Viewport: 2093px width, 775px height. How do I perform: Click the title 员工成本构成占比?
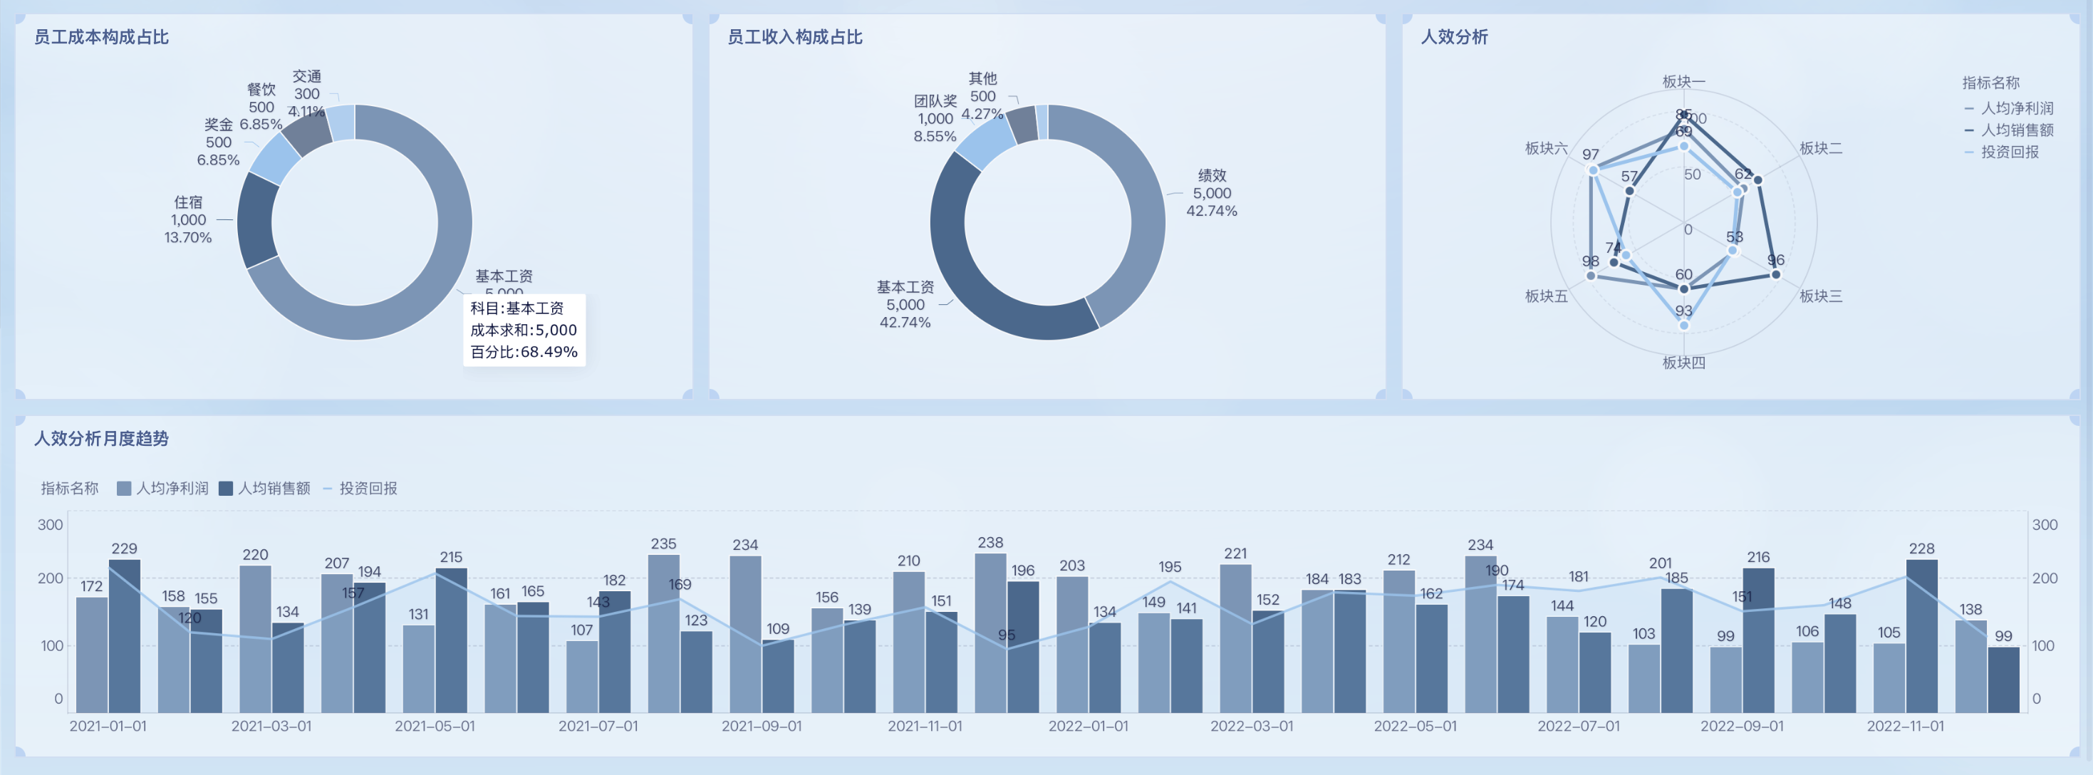[102, 37]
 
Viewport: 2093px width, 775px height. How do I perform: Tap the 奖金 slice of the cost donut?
[274, 157]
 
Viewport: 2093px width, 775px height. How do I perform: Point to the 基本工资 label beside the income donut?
[905, 288]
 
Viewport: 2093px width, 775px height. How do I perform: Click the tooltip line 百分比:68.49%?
[524, 353]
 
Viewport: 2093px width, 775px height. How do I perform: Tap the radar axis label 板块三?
[1821, 296]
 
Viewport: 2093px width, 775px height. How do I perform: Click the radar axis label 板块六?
[1546, 148]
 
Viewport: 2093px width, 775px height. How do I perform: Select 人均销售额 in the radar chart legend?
[2017, 130]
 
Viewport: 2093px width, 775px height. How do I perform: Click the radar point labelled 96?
[1776, 274]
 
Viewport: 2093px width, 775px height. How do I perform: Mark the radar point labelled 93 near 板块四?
[1683, 325]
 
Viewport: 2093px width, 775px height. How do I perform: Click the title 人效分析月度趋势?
[102, 439]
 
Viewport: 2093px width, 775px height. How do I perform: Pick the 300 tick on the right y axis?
[2045, 525]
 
